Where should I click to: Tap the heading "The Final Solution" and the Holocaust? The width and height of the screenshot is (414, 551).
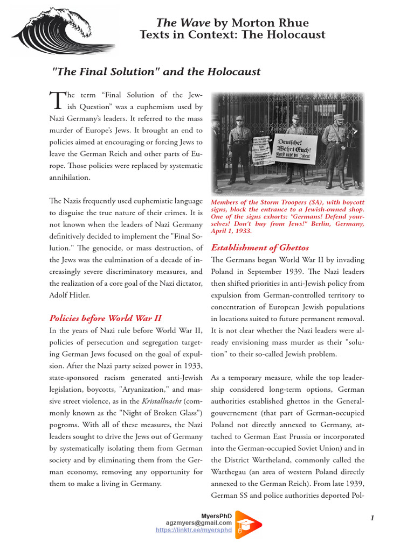click(x=156, y=72)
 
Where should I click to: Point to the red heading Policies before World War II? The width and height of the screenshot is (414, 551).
click(x=106, y=317)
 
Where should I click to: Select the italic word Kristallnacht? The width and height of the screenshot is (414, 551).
click(x=161, y=401)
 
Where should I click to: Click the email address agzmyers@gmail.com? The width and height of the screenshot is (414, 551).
click(x=199, y=522)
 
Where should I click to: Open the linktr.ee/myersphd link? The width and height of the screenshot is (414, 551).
click(x=194, y=529)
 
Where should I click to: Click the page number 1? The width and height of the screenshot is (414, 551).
click(x=372, y=518)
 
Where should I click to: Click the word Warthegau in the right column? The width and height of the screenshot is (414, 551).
click(x=230, y=471)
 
